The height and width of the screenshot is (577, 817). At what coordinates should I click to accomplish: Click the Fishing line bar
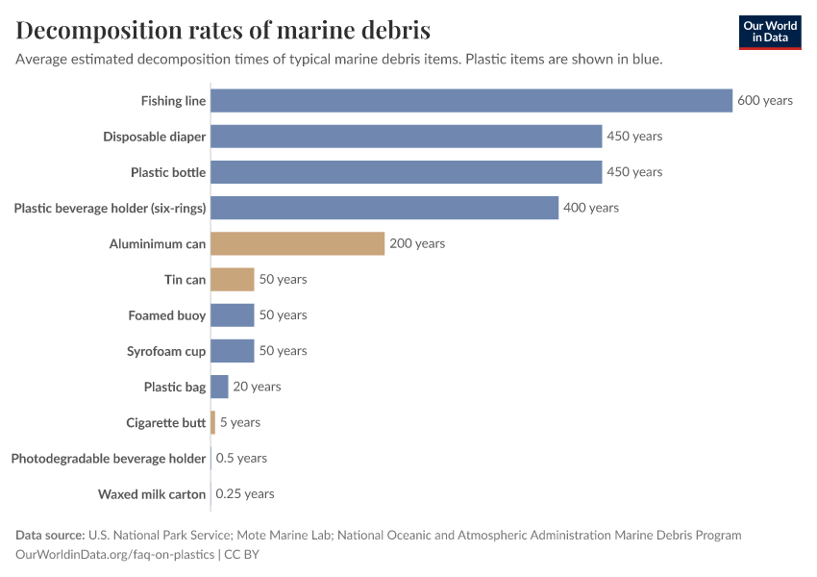tap(471, 101)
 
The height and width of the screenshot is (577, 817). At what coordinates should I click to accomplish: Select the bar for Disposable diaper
tap(406, 137)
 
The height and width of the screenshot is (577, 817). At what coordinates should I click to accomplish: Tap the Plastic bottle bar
tap(406, 172)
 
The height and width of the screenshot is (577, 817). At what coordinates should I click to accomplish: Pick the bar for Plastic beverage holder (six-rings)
tap(384, 208)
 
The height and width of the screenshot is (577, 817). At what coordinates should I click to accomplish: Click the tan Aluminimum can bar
tap(297, 243)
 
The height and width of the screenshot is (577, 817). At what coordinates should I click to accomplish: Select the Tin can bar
tap(232, 279)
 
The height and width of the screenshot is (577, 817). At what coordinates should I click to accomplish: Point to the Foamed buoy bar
tap(232, 314)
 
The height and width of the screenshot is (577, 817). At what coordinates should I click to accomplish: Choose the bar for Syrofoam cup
tap(232, 351)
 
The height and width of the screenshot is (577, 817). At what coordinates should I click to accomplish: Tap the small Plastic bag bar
tap(219, 387)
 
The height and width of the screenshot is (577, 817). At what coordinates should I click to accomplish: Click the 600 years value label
tap(765, 101)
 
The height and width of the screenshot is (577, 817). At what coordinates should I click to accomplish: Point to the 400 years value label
tap(591, 208)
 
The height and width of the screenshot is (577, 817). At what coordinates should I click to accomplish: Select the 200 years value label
tap(417, 243)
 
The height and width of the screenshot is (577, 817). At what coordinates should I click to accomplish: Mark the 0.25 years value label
tap(245, 493)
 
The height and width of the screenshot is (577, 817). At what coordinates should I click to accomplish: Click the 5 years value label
tap(240, 422)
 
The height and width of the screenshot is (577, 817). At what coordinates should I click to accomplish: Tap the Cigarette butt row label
tap(165, 422)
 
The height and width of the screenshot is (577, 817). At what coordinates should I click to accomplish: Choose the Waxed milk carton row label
tap(152, 494)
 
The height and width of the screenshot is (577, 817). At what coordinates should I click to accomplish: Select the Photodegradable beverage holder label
tap(109, 459)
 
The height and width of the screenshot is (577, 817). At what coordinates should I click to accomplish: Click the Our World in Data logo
tap(769, 33)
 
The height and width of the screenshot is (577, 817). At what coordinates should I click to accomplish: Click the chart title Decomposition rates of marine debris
tap(223, 30)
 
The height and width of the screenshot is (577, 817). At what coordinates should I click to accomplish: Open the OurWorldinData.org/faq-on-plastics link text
tap(115, 555)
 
